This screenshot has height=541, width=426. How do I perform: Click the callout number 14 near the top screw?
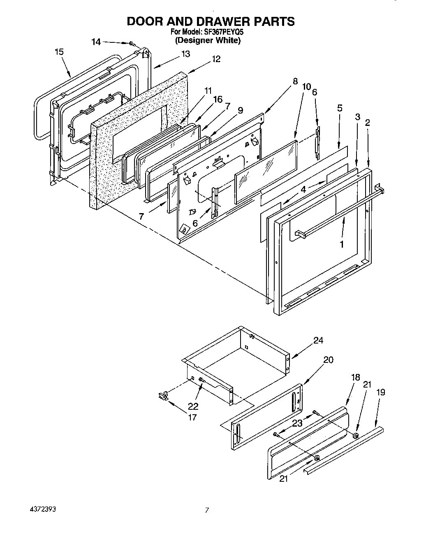95,42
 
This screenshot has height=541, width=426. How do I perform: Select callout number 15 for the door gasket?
59,52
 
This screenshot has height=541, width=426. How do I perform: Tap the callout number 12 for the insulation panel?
216,59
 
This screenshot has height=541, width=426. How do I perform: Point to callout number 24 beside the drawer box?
318,340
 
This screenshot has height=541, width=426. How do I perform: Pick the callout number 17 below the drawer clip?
192,417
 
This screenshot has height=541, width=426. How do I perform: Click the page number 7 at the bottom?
207,511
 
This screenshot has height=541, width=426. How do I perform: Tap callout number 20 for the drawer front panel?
328,360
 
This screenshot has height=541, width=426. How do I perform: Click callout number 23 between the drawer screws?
297,423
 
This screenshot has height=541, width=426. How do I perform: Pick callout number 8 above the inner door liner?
295,81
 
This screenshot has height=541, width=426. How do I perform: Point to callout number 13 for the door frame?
185,54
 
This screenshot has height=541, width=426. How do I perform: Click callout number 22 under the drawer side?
193,406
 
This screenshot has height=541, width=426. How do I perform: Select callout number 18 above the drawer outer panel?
356,377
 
